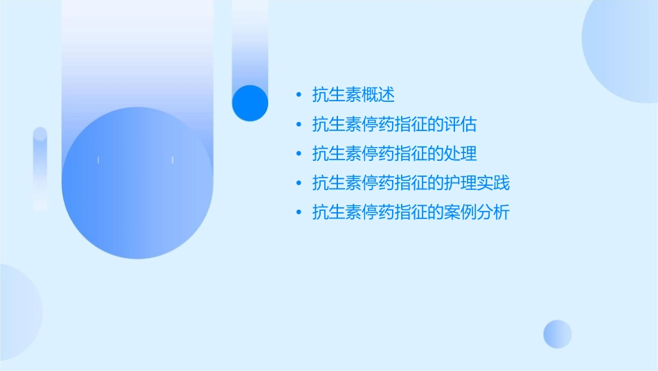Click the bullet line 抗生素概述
(353, 95)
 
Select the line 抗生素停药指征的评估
(395, 125)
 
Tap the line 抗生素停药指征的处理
(395, 154)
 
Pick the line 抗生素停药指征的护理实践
(411, 183)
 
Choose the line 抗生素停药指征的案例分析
(411, 212)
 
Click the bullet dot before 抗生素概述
(299, 95)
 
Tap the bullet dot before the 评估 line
(299, 125)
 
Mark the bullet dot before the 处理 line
(299, 154)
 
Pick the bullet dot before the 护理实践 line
(299, 183)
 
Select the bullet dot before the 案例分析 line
(299, 212)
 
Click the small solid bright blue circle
(250, 103)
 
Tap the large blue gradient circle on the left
(137, 183)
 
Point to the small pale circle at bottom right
(558, 334)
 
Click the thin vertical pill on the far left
(40, 168)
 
